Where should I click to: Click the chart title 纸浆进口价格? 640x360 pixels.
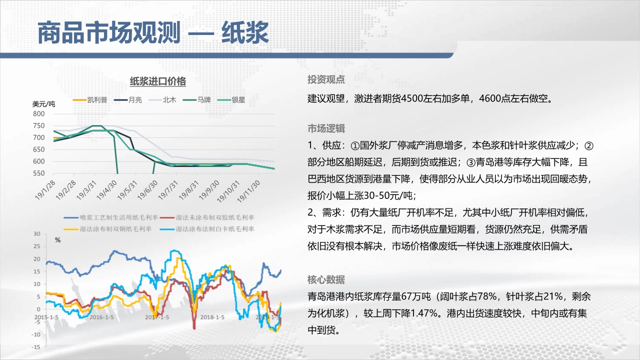[x=157, y=81]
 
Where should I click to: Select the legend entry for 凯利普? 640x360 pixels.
[x=90, y=99]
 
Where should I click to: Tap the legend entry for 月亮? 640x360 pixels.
[x=127, y=99]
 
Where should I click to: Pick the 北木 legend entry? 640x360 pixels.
[x=162, y=99]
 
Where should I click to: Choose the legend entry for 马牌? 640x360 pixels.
[x=197, y=99]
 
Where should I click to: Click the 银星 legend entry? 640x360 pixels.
[x=231, y=99]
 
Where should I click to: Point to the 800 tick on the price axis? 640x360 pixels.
[x=39, y=113]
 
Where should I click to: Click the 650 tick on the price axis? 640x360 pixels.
[x=39, y=149]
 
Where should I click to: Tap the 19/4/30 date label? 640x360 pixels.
[x=107, y=190]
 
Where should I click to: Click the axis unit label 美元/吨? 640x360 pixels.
[x=43, y=104]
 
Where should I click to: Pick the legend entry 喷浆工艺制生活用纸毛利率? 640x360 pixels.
[x=111, y=217]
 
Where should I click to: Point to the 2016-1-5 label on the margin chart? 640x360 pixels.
[x=101, y=317]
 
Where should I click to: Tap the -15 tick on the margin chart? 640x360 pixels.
[x=36, y=347]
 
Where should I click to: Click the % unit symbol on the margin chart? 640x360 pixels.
[x=57, y=240]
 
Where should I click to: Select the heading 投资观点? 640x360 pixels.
[x=326, y=79]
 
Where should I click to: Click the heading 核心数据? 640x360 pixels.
[x=326, y=279]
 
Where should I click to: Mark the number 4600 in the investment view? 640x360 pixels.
[x=489, y=98]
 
